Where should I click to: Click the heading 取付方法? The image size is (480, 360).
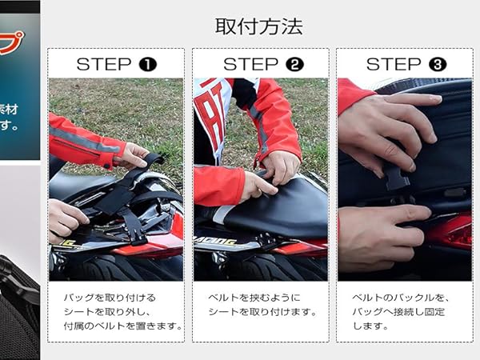pyautogui.click(x=258, y=26)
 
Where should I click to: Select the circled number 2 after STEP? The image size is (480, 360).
pyautogui.click(x=294, y=64)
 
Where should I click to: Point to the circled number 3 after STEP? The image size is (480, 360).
pyautogui.click(x=438, y=64)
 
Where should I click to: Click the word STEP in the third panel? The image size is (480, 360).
pyautogui.click(x=394, y=64)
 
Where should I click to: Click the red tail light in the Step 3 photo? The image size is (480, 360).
pyautogui.click(x=453, y=232)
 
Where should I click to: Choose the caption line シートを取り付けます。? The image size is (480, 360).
pyautogui.click(x=253, y=311)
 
